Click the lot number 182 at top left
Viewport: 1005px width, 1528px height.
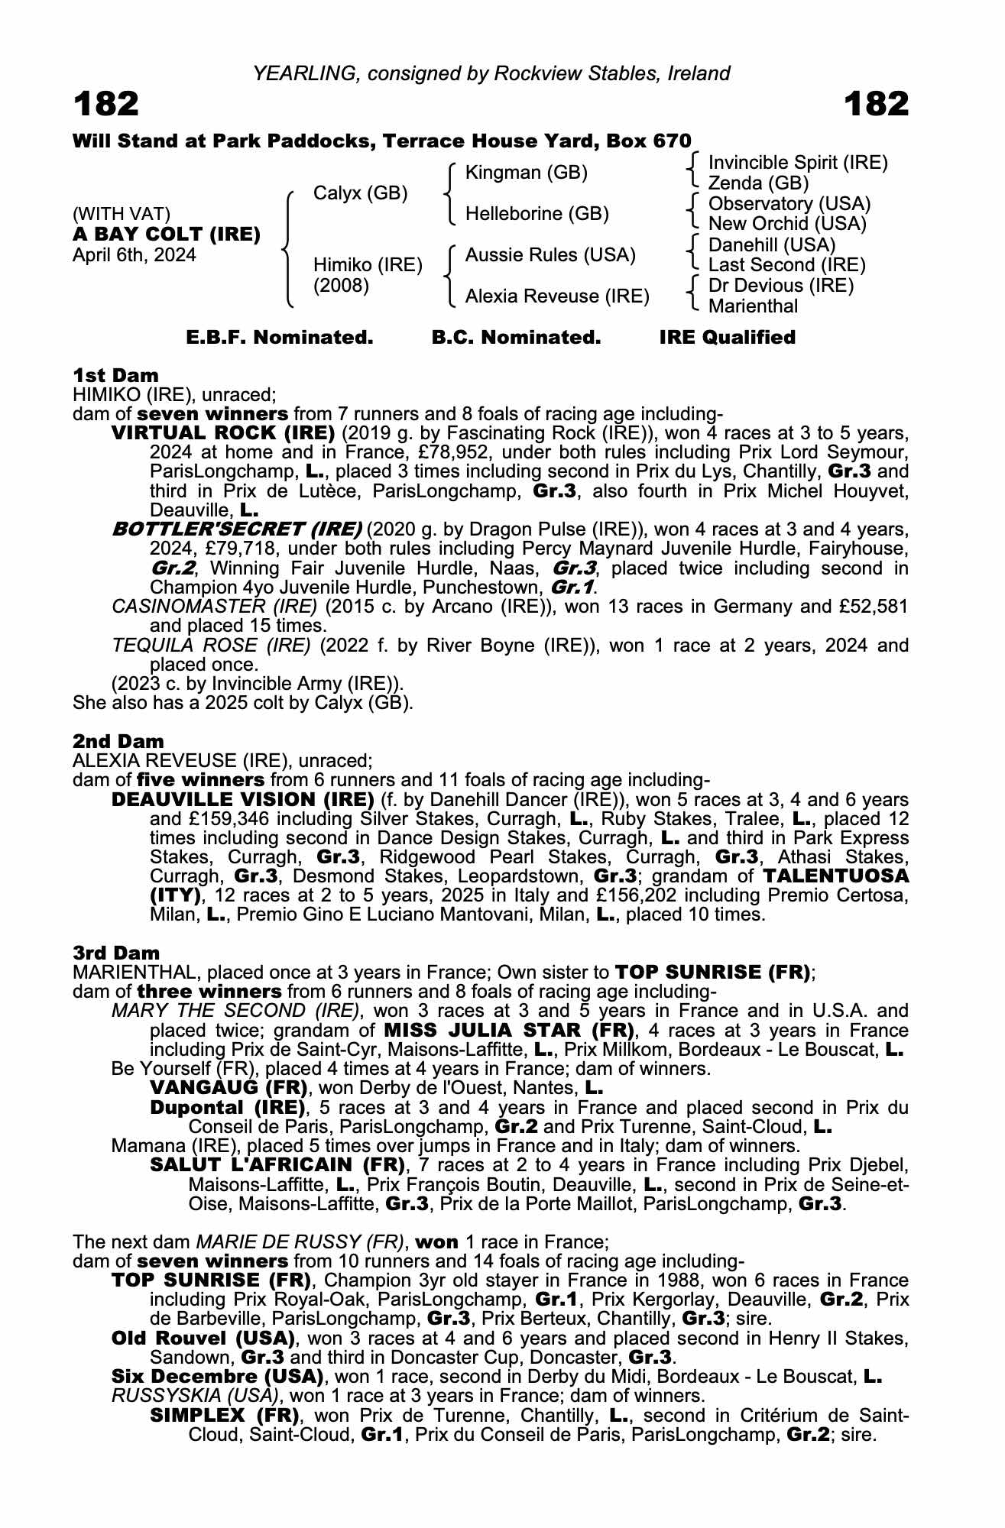(106, 104)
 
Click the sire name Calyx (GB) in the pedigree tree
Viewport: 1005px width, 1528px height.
(360, 193)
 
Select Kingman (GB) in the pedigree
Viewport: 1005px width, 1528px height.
(526, 173)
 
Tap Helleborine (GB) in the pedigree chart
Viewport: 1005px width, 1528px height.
(537, 214)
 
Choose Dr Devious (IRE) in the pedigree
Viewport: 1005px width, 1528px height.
(781, 286)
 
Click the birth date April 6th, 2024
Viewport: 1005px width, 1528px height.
(134, 255)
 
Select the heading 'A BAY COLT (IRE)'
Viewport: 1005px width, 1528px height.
(166, 235)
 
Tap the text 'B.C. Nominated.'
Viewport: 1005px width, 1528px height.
(516, 338)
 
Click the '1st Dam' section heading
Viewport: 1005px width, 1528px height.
(115, 375)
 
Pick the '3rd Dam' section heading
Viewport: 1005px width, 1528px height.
(116, 953)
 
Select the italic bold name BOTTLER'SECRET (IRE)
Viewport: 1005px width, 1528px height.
(237, 529)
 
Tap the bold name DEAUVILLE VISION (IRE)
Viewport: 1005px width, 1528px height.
(242, 800)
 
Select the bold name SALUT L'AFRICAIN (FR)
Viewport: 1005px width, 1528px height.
(277, 1165)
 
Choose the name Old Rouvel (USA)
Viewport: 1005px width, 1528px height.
(203, 1338)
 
